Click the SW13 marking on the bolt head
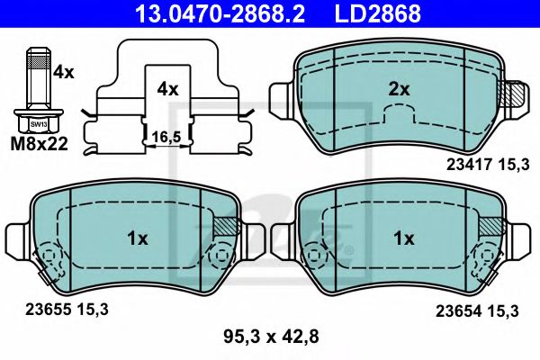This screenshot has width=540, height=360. coord(37,124)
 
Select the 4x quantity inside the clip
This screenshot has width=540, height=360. coord(167,89)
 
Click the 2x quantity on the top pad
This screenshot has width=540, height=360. coord(398,89)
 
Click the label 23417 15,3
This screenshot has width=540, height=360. coord(483,165)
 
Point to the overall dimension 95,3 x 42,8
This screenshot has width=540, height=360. coord(270,338)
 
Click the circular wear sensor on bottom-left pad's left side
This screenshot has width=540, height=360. coord(48,260)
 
